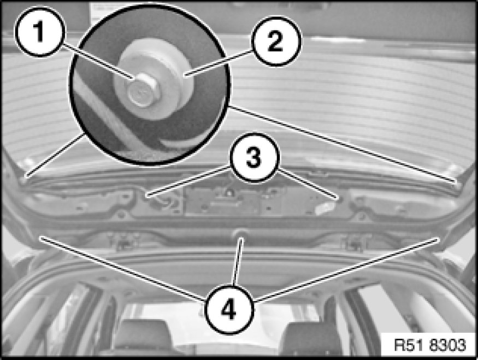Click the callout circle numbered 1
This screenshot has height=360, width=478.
coord(40,31)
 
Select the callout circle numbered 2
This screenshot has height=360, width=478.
coord(276,41)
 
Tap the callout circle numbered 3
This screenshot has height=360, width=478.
coord(254,157)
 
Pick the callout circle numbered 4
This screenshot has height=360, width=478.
coord(229,309)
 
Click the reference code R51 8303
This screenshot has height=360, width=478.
coord(430,345)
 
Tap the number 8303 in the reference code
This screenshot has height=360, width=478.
coord(448,345)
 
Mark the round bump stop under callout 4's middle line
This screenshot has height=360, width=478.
coord(241,233)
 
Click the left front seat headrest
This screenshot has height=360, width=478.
coord(143,335)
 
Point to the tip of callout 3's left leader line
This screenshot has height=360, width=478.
coord(146,195)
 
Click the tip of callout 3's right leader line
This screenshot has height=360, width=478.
coord(337,198)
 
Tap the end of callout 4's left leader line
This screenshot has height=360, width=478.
coord(40,237)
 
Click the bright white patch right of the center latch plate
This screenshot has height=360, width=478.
coord(325,209)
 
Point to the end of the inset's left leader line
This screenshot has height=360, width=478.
coord(26,176)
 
